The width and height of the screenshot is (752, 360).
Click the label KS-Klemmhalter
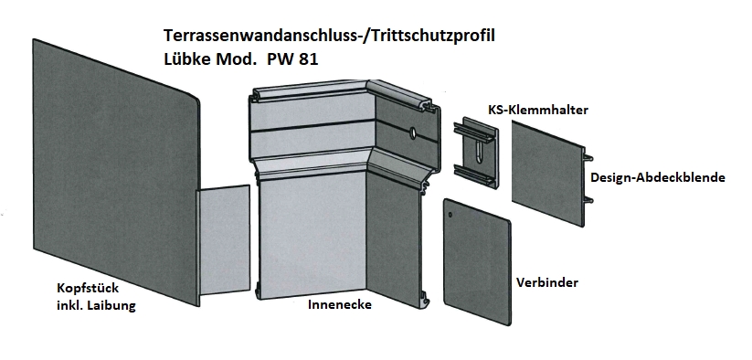[x=538, y=110]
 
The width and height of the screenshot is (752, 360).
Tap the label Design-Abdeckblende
[x=658, y=178]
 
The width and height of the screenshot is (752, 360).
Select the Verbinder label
[x=547, y=282]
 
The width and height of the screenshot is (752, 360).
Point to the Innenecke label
[x=340, y=304]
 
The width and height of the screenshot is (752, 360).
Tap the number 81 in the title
[x=306, y=59]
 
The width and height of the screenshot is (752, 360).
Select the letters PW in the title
[x=278, y=59]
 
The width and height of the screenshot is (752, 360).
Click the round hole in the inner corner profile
[x=411, y=132]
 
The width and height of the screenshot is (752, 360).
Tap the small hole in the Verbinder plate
[x=450, y=215]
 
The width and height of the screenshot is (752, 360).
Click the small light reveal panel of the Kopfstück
[x=224, y=239]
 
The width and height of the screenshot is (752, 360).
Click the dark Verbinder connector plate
[x=477, y=261]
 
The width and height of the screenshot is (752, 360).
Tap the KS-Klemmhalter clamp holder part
[x=475, y=153]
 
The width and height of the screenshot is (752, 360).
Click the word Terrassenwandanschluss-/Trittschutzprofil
[x=329, y=37]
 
